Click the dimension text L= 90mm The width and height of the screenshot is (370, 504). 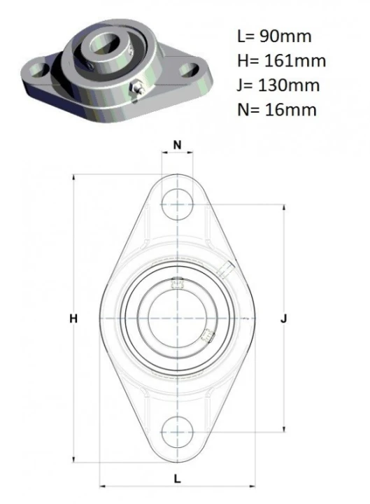pos(274,36)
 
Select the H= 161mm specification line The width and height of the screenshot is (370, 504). pos(282,60)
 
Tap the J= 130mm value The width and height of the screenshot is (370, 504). pos(278,85)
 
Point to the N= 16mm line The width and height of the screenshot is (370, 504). pos(277,110)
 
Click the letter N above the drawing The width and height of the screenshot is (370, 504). pos(177,145)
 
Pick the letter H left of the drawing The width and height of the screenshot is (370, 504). pos(73,318)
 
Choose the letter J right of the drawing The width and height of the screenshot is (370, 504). pos(283,318)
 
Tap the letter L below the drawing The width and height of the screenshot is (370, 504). pos(177,479)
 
